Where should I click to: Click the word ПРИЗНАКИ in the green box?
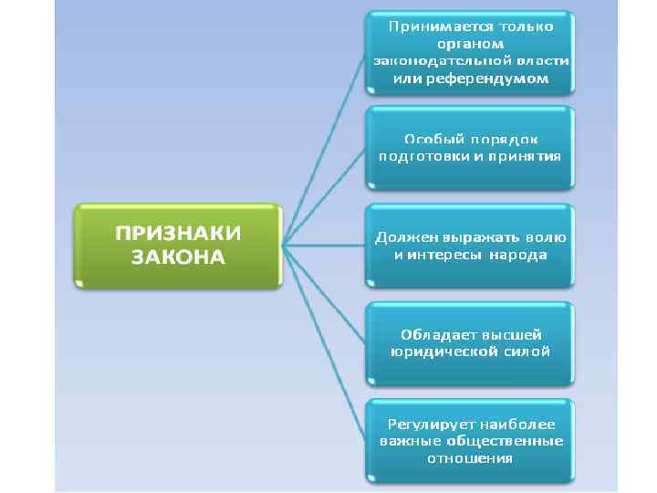(x=177, y=233)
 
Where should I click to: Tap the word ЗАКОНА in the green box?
(x=177, y=257)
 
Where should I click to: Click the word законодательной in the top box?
(x=433, y=62)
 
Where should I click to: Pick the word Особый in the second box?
(x=431, y=139)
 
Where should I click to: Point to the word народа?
(x=517, y=255)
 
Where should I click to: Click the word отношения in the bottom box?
(x=471, y=458)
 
